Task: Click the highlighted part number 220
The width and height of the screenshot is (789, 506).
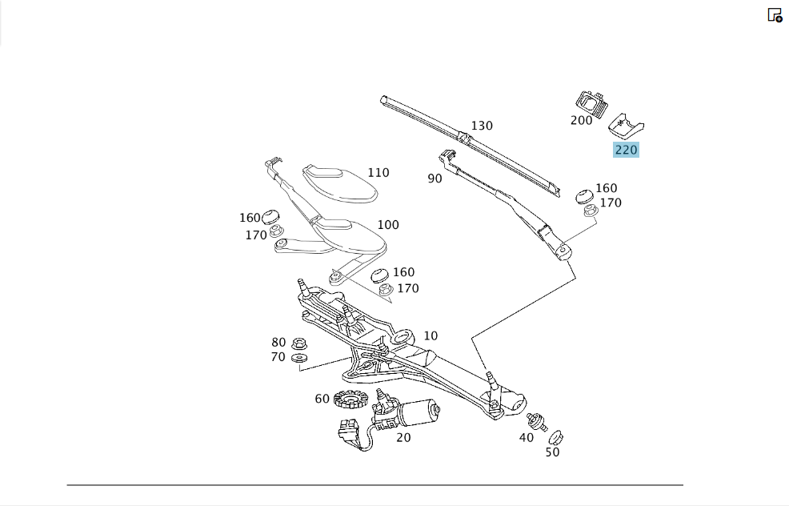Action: point(626,150)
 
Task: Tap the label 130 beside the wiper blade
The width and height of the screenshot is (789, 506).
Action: point(482,126)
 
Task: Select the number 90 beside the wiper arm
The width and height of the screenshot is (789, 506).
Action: point(435,179)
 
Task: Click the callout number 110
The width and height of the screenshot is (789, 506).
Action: point(378,173)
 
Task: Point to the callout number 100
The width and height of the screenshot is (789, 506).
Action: point(388,225)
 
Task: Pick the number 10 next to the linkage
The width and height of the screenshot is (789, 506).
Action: point(431,335)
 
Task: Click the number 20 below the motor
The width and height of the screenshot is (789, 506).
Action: point(403,438)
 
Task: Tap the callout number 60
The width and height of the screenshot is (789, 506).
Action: point(322,399)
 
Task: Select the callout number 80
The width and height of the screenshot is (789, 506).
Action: point(278,343)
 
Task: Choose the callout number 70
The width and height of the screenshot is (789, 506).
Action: point(278,357)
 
